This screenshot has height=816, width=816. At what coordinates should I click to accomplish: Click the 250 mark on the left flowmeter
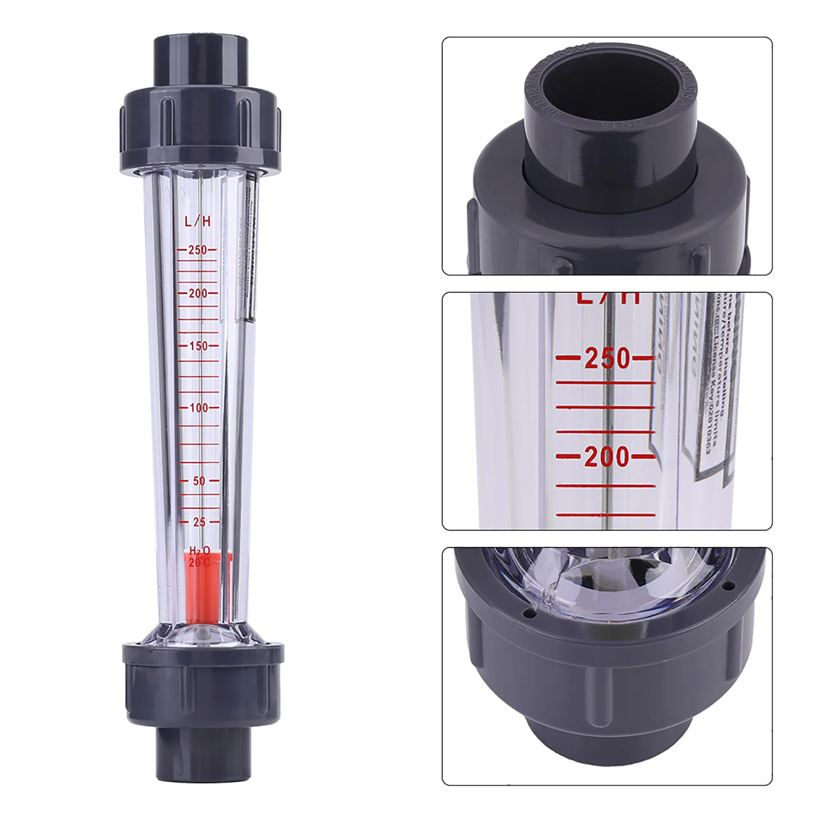click(x=197, y=250)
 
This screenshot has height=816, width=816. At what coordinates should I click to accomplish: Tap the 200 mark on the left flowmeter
click(x=198, y=294)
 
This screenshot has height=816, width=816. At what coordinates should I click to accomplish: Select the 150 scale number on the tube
click(x=198, y=346)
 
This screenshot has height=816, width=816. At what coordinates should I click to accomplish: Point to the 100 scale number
click(x=198, y=408)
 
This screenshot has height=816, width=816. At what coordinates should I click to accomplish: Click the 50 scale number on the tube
click(x=199, y=481)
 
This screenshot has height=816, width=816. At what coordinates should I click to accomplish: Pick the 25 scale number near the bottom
click(x=199, y=522)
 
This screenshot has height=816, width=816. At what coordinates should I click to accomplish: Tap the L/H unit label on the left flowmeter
click(x=197, y=221)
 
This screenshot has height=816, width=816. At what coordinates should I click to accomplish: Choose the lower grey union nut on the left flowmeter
click(x=201, y=683)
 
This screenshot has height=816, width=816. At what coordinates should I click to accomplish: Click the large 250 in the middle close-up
click(x=607, y=358)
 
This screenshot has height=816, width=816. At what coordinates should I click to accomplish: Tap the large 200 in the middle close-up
click(x=607, y=457)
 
